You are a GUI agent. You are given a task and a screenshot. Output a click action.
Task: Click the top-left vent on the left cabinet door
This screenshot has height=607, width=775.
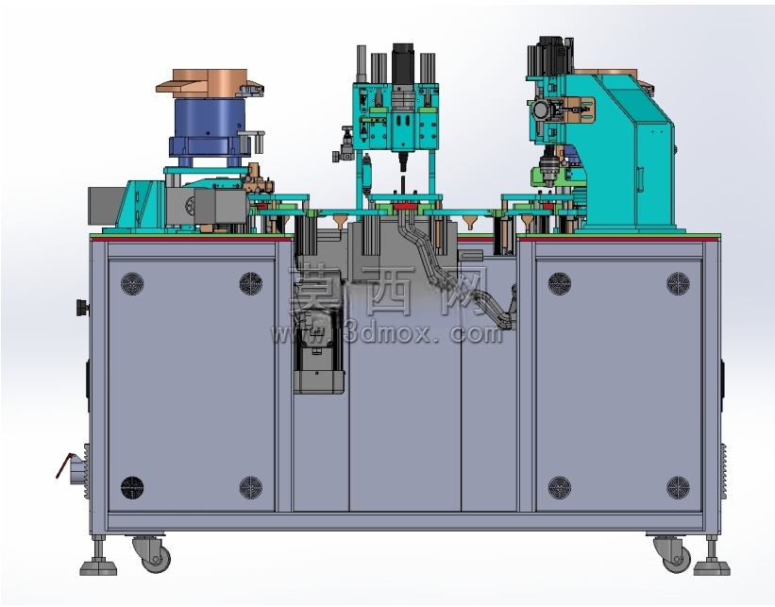click(x=132, y=284)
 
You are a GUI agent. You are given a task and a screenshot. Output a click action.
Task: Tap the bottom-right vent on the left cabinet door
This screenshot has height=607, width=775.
click(x=250, y=487)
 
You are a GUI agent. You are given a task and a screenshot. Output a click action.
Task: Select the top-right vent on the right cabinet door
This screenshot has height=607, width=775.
click(x=678, y=283)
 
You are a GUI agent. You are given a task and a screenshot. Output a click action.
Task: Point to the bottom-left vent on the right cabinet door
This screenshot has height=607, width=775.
click(x=560, y=487)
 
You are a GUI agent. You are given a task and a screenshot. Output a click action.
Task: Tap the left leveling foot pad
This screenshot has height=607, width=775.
click(x=98, y=567)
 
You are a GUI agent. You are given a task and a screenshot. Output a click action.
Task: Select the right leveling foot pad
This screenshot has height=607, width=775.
click(x=711, y=567)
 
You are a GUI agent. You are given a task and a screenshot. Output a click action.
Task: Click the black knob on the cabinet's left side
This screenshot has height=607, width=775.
click(x=82, y=308)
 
